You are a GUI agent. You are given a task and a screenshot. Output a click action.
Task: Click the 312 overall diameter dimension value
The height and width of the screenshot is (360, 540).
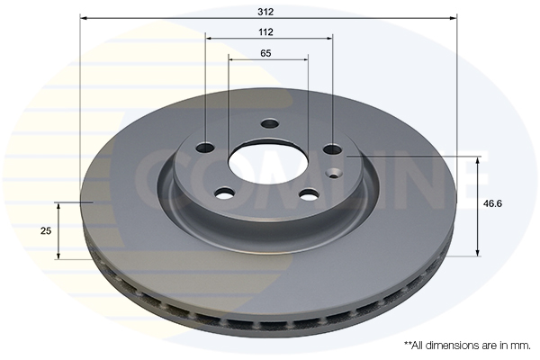[x=265, y=12]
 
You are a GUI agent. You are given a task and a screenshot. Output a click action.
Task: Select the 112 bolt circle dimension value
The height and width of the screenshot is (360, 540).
[x=265, y=32]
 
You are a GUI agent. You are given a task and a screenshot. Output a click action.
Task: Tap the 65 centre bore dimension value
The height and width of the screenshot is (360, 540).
[x=265, y=53]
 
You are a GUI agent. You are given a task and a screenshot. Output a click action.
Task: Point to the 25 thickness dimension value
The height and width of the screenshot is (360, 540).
[x=46, y=230]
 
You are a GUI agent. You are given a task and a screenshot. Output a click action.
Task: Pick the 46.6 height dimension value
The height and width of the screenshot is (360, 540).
[x=492, y=203]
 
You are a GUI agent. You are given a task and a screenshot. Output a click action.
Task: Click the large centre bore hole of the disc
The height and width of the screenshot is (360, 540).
[x=267, y=165]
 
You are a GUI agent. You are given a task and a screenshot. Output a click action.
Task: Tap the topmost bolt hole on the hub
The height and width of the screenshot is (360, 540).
[x=269, y=123]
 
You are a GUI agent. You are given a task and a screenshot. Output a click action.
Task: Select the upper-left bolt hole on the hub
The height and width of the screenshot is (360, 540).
[x=205, y=148]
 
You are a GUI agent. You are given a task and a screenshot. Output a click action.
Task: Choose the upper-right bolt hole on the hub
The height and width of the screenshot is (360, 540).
[x=333, y=149]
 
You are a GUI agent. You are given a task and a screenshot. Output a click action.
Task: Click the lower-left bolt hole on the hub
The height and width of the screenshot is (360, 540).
[x=224, y=193]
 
